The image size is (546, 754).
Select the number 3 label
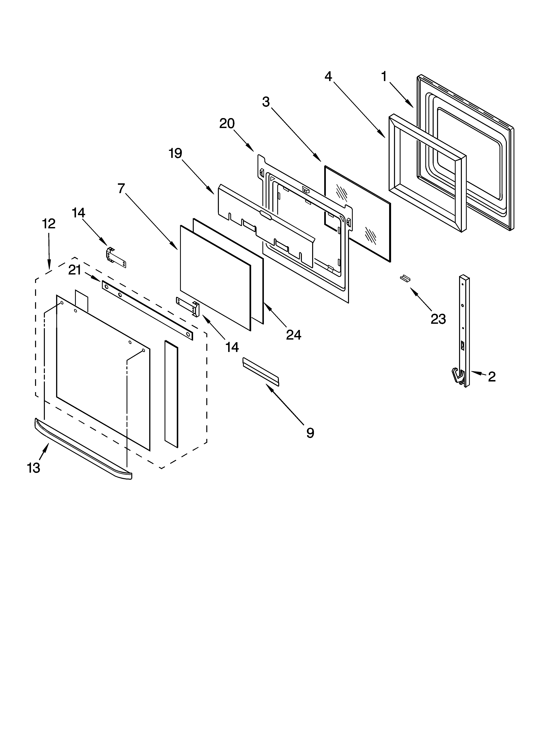(266, 102)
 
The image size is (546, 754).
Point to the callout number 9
(310, 433)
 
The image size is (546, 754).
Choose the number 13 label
(34, 468)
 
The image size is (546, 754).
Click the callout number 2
(492, 377)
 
